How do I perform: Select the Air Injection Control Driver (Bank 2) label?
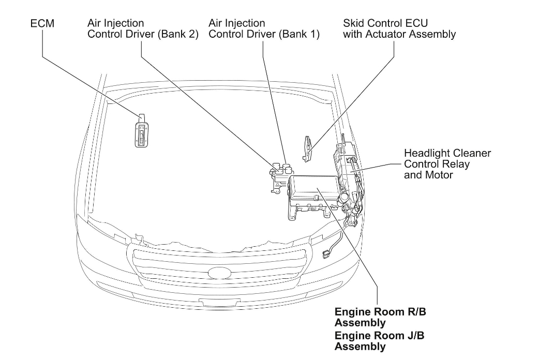point(143,29)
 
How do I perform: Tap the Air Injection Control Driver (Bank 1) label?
point(263,29)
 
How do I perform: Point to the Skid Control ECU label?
point(399,29)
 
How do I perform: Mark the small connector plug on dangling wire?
point(326,254)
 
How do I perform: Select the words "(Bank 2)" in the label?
point(179,35)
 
